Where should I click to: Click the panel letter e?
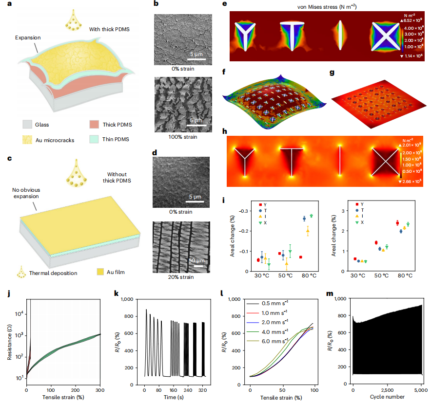224,4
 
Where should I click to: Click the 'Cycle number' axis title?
387,398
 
